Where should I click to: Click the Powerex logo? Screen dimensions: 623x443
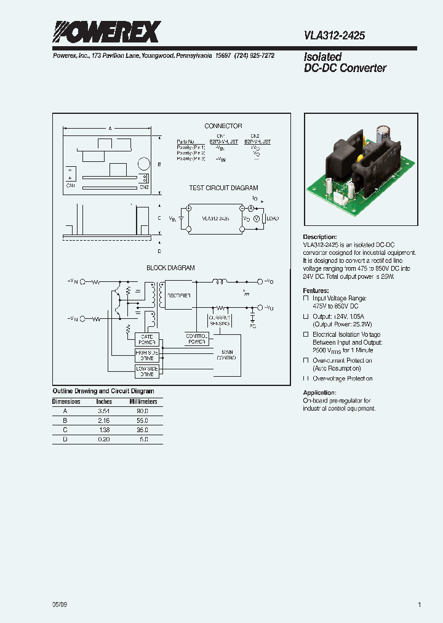106,32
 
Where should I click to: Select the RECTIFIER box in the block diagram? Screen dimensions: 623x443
178,295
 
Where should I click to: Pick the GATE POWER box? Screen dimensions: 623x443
146,340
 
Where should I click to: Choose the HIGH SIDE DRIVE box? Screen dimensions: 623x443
146,355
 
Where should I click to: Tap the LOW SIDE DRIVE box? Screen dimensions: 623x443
146,371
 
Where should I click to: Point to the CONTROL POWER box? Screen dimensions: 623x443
196,338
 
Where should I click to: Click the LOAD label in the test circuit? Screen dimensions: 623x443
273,219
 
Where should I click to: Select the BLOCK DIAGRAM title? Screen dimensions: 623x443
170,268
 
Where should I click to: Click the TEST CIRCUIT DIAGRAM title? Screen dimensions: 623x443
223,188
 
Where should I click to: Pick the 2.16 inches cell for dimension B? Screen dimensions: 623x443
104,419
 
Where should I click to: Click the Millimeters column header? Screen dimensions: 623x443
143,401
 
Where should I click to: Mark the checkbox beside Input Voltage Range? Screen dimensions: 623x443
306,298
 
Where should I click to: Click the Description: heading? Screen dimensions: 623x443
319,237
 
